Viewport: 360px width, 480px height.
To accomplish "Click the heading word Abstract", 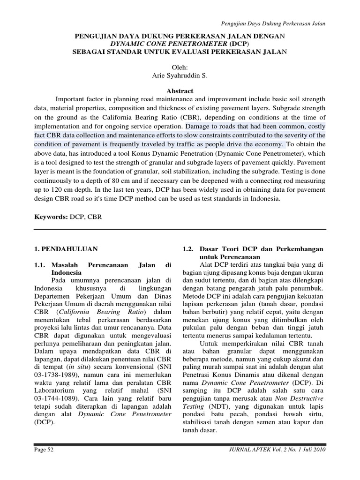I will click(180, 91).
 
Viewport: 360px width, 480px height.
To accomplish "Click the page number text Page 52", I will click(45, 449).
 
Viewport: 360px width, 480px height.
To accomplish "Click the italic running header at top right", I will click(273, 23).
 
